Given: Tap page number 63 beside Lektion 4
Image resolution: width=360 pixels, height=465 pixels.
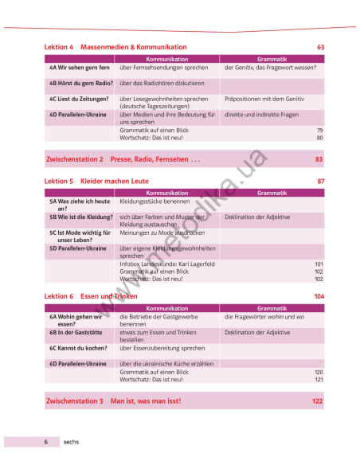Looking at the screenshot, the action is tap(320, 48).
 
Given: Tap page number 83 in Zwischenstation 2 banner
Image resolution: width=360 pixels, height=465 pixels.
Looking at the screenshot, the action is tap(319, 159).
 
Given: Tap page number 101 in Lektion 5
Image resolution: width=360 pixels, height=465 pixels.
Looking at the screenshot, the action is tap(319, 264).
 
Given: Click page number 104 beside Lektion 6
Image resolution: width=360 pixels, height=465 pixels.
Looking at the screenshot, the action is tap(319, 296).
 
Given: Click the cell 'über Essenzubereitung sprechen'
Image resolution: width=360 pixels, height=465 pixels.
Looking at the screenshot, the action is tap(162, 348).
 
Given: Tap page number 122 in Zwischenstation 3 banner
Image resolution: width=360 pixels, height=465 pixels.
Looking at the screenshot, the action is tap(318, 401).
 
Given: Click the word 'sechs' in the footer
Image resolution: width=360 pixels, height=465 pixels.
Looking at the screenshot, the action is tap(71, 441).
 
